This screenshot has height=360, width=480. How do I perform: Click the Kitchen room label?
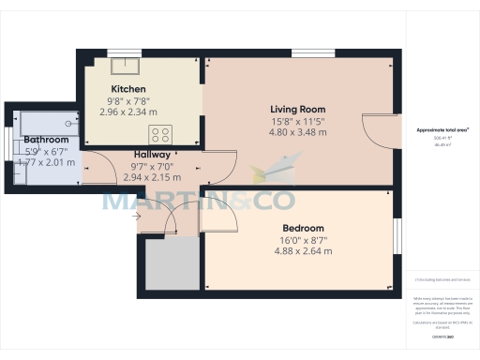127,89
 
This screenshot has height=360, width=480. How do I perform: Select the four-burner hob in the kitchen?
159,133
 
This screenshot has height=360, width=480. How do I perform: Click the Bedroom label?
303,228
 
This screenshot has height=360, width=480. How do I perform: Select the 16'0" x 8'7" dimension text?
303,239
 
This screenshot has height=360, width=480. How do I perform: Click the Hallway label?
152,155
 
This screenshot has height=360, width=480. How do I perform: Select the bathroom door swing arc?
94,166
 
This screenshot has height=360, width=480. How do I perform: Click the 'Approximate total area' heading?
442,129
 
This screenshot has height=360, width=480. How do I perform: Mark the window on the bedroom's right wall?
394,238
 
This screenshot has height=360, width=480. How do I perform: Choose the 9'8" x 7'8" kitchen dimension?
127,100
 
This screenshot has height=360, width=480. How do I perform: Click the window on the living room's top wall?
305,52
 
